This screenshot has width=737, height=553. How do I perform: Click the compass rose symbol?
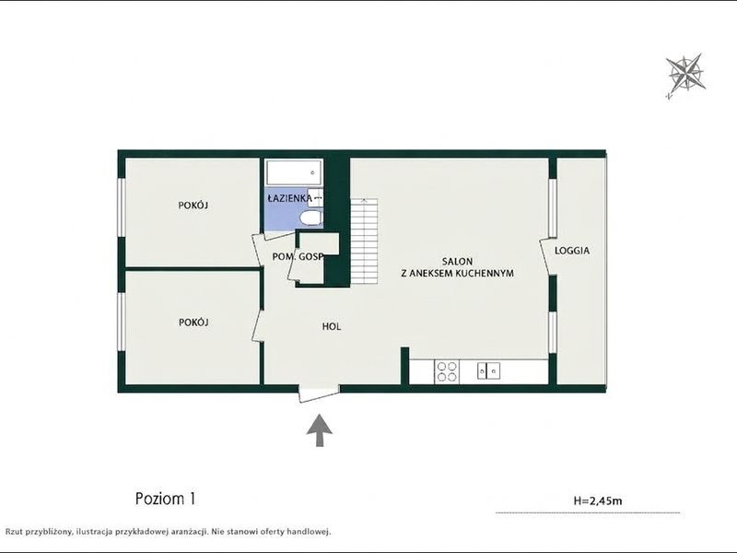pos(686,76)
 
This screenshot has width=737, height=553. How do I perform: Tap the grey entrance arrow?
pos(320,429)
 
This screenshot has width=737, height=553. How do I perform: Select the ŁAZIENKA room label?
pos(289,198)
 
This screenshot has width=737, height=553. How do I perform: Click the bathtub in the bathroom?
pos(294,172)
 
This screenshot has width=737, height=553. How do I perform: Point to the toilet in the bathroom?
pos(310,218)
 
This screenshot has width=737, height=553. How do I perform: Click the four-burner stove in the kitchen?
pos(447,371)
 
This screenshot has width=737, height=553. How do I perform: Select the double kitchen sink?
pos(488,371)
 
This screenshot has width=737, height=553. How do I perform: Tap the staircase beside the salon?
pos(364,241)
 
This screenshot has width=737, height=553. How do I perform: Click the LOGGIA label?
pos(572,251)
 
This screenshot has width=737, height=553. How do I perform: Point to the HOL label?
pos(332,326)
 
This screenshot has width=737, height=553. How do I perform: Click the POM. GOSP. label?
pos(298,257)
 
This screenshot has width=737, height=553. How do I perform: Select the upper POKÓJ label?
pos(193,205)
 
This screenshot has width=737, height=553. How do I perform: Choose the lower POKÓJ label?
pos(193,322)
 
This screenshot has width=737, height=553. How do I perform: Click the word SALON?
pos(457,262)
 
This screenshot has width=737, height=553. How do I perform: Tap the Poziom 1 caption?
pos(165,498)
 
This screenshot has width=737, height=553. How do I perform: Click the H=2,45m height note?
pos(598,500)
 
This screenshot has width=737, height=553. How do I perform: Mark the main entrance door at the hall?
pos(320,394)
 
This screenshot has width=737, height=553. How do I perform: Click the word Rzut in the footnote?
pos(14,532)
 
